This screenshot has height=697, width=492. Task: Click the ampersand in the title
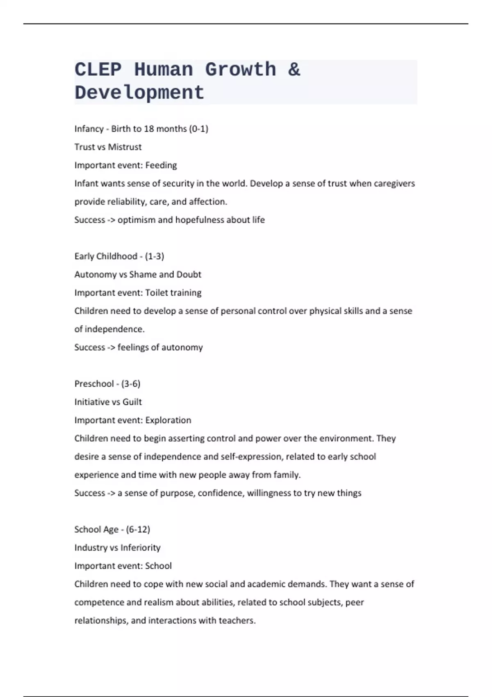coord(294,70)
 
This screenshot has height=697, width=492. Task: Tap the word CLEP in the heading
coord(98,70)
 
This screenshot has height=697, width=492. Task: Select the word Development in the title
coord(139,93)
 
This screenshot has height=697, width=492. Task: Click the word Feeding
coord(161,165)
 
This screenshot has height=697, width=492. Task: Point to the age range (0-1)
coord(198,129)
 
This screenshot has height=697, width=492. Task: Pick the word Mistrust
coord(125,147)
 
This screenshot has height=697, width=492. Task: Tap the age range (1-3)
coord(155,256)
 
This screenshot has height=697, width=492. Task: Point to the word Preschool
coord(94,384)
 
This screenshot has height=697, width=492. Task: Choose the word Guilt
coord(132,402)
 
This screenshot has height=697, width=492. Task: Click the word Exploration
coord(168,420)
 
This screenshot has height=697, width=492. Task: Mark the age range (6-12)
coord(138,529)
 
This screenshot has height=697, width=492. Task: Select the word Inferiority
coord(140,548)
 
